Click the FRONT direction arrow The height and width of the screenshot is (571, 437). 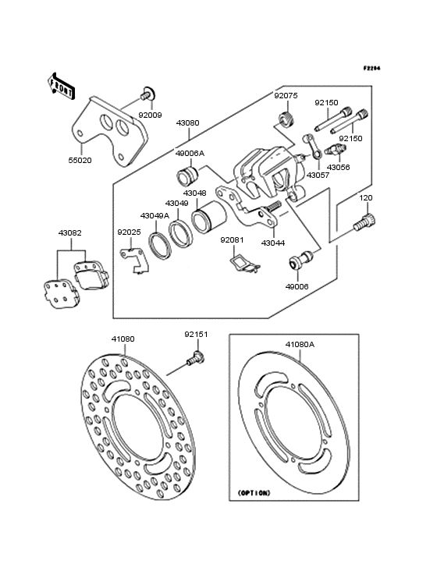click(x=61, y=86)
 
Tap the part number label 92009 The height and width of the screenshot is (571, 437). click(x=150, y=115)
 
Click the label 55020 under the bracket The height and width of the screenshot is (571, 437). click(x=80, y=160)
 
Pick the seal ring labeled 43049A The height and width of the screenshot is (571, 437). click(x=160, y=247)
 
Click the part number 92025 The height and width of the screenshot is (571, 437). click(x=129, y=232)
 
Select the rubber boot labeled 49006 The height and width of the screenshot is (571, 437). click(x=300, y=260)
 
